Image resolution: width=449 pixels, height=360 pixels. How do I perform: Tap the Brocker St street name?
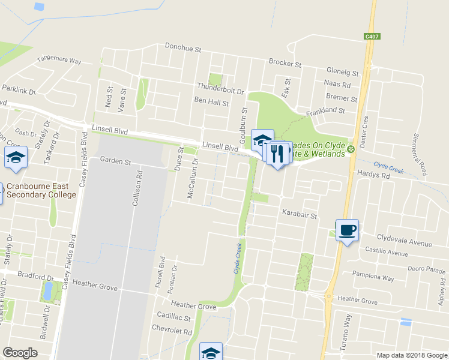[x=285, y=62]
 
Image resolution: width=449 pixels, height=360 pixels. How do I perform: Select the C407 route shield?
[x=372, y=37]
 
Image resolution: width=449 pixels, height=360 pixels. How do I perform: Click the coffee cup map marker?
[x=347, y=230]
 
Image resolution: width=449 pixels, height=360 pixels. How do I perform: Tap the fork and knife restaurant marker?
[x=277, y=154]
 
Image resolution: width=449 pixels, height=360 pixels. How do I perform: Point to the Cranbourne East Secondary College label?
[x=41, y=190]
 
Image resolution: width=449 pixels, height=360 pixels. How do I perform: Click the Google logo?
[x=20, y=353]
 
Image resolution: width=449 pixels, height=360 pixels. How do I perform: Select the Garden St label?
[x=115, y=161]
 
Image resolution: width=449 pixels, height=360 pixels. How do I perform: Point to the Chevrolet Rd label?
[x=172, y=331]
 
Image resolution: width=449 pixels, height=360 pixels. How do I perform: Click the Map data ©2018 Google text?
[x=411, y=355]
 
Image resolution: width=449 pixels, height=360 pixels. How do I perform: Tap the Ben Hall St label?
[x=211, y=103]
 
